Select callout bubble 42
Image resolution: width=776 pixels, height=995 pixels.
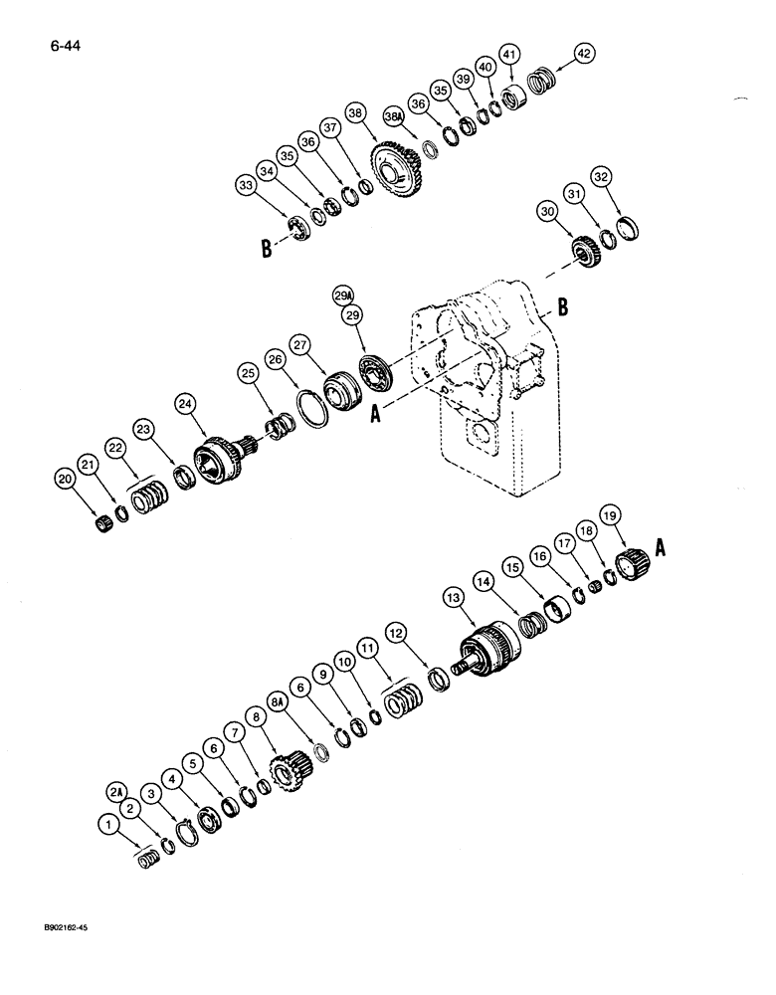[582, 54]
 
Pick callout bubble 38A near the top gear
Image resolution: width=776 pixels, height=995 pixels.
[395, 118]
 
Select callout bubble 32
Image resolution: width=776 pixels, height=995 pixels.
[628, 177]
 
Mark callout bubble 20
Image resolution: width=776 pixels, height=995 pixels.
[67, 482]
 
